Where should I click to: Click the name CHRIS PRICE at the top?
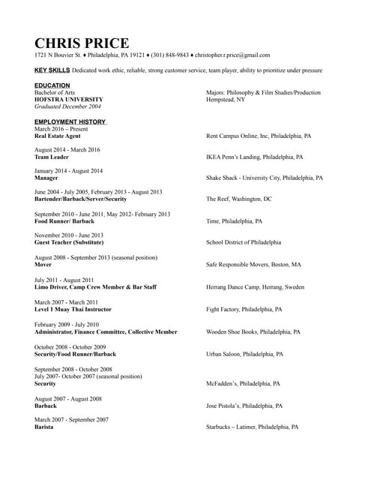pos(82,43)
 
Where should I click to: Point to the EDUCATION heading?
pos(52,85)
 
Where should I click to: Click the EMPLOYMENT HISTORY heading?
pos(70,121)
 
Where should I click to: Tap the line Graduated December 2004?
pos(67,106)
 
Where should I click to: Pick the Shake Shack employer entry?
pos(265,178)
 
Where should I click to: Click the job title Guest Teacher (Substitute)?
pos(69,243)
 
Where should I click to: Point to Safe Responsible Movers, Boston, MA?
pos(253,265)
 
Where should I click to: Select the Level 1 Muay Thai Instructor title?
pos(73,309)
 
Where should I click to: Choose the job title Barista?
pos(44,427)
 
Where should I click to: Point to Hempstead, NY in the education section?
pos(226,100)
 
